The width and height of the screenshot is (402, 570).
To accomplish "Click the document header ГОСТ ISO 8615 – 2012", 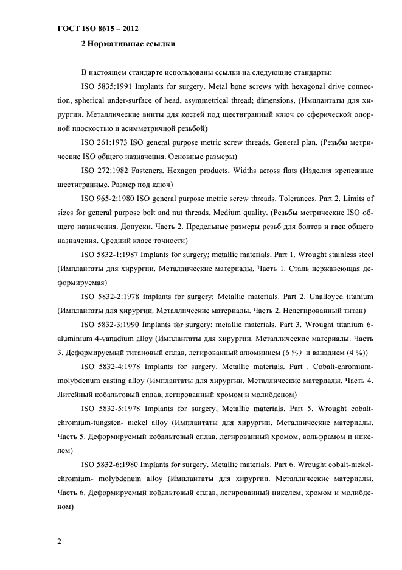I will tap(95, 28).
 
